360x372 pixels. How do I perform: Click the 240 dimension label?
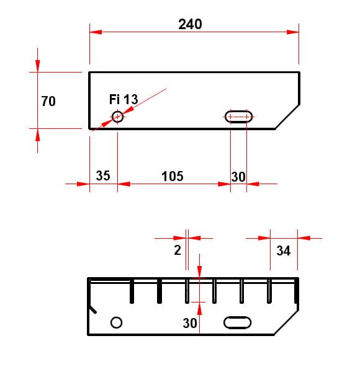190,24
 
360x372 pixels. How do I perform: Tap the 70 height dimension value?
48,101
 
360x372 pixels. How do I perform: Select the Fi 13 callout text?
124,99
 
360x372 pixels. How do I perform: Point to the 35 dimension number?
103,175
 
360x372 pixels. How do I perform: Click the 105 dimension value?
173,176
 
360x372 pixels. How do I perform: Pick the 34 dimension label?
283,250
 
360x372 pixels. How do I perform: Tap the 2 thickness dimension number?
178,250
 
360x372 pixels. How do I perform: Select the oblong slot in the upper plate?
238,117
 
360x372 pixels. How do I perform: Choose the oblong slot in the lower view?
238,322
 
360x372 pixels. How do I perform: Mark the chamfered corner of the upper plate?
287,117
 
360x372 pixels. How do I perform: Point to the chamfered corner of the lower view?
286,322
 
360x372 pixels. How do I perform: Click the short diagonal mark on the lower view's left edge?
92,309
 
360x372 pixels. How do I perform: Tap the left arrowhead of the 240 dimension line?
96,32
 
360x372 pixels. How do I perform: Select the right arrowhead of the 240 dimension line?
292,32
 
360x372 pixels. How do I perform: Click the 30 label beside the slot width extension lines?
238,177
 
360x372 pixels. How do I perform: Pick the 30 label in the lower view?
190,323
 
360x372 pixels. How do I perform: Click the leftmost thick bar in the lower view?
132,291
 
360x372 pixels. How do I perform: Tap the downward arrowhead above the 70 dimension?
37,66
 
